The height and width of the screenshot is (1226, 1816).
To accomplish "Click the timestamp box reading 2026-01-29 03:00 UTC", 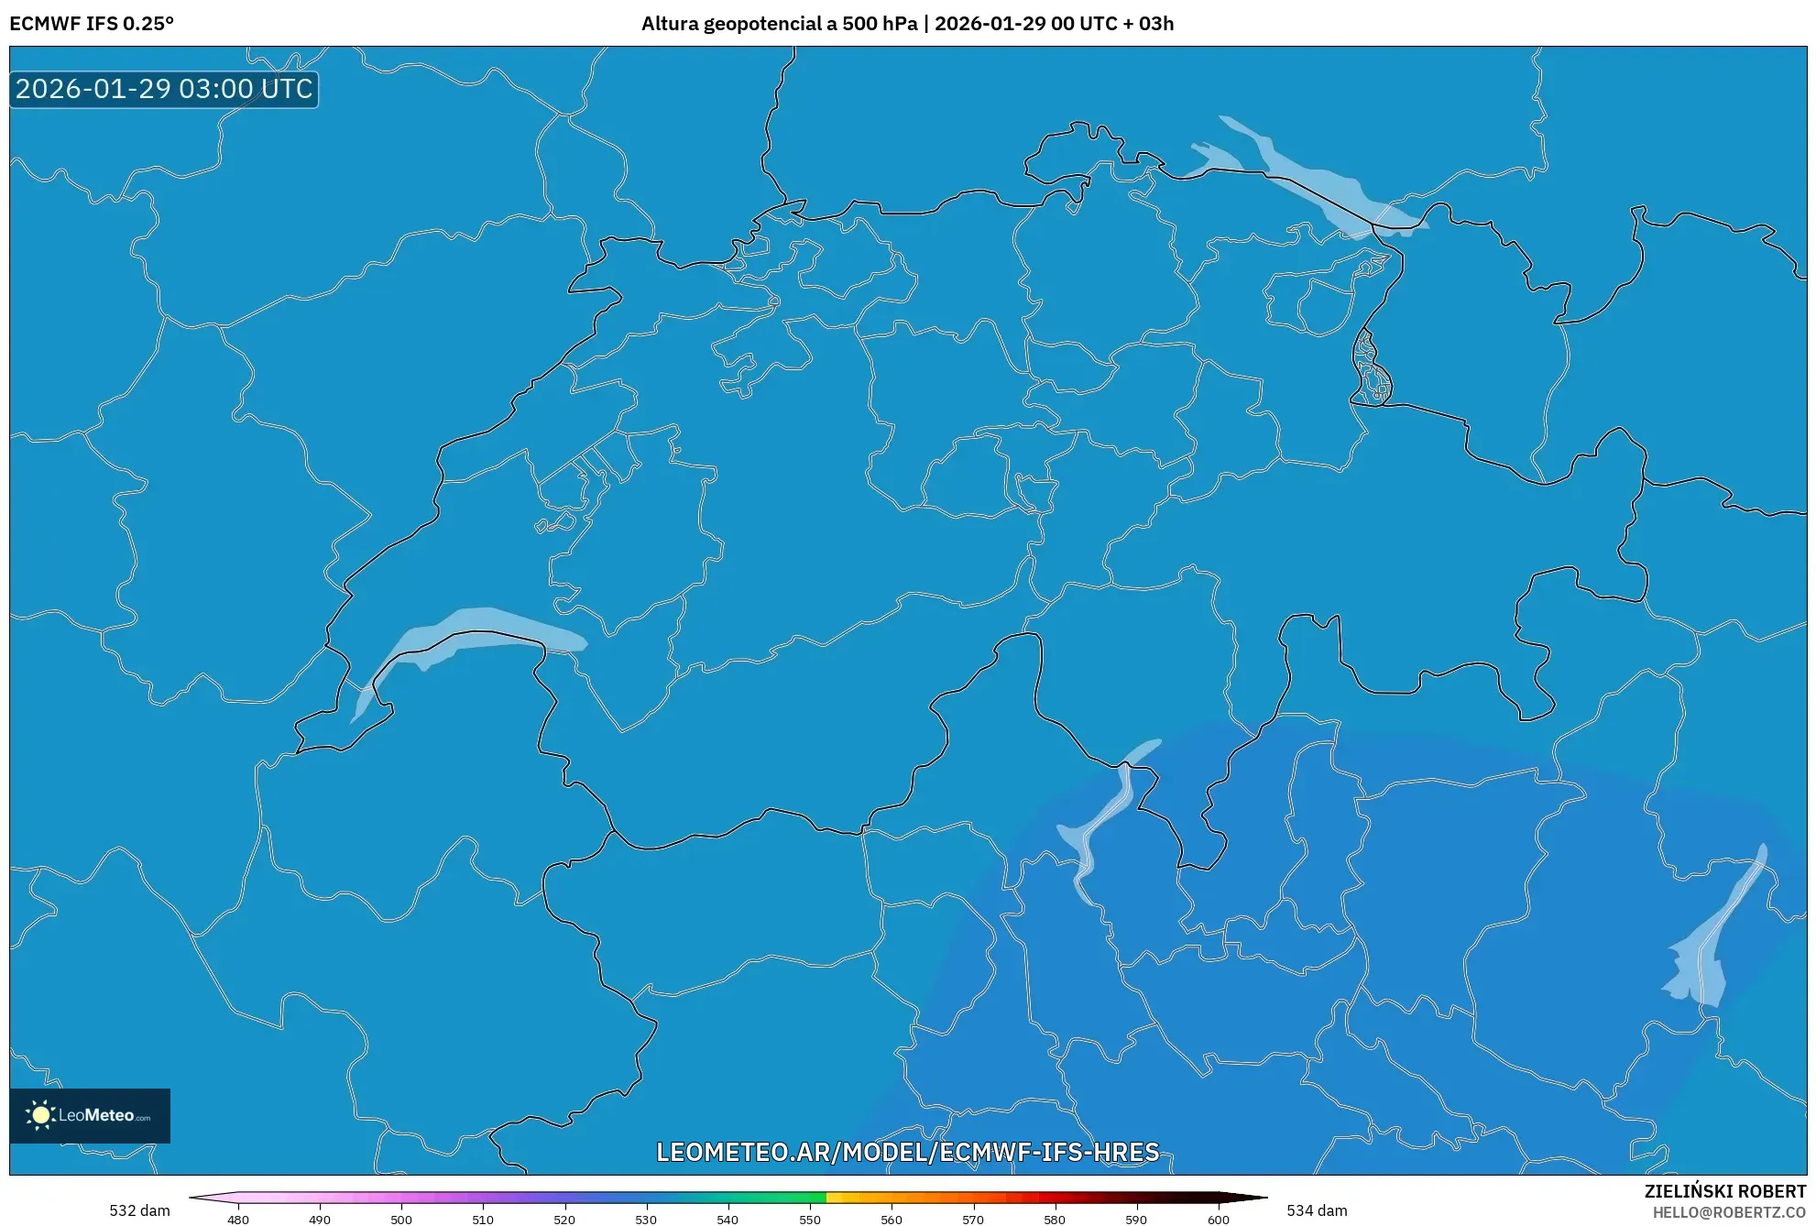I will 164,90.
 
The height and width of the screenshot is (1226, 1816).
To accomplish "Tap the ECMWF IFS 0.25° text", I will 92,24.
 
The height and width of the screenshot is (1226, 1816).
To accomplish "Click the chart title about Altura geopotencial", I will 907,24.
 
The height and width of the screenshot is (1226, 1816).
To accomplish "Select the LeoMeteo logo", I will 90,1115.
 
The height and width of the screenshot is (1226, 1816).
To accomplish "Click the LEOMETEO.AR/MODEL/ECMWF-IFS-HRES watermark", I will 908,1152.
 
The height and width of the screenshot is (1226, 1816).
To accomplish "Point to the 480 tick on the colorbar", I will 238,1220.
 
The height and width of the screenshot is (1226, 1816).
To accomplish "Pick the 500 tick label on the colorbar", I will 401,1220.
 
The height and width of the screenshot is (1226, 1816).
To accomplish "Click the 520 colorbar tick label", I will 564,1220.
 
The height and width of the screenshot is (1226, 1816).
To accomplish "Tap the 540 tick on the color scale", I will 727,1220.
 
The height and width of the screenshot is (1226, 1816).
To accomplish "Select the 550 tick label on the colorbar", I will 810,1220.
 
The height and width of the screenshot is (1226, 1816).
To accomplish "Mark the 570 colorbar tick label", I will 973,1220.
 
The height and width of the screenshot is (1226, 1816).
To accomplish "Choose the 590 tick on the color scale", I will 1136,1220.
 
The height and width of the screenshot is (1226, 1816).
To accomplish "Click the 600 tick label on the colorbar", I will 1219,1220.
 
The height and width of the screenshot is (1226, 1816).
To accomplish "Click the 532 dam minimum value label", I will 139,1210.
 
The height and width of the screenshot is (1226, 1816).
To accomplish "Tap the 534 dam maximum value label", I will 1317,1210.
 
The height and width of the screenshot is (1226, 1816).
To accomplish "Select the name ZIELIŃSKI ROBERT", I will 1725,1191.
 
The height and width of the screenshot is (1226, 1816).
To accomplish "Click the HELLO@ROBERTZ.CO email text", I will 1729,1212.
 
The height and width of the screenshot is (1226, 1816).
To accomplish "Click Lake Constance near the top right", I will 1310,179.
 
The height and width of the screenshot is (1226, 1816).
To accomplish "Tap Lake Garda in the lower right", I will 1709,953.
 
